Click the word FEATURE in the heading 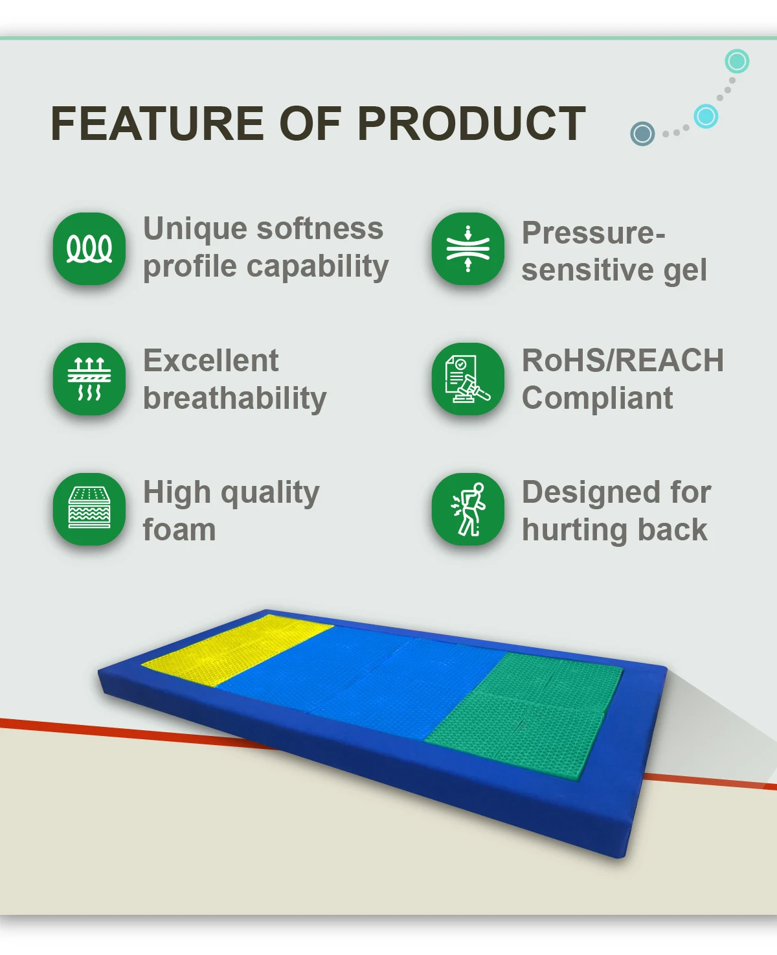pyautogui.click(x=157, y=123)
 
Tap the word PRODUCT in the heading pyautogui.click(x=471, y=123)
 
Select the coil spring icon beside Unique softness pyautogui.click(x=89, y=249)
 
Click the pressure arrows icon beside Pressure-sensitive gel pyautogui.click(x=467, y=249)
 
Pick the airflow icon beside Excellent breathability pyautogui.click(x=89, y=379)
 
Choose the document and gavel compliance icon pyautogui.click(x=467, y=379)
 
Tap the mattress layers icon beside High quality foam pyautogui.click(x=89, y=509)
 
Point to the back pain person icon pyautogui.click(x=467, y=509)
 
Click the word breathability pyautogui.click(x=235, y=399)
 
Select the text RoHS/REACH pyautogui.click(x=623, y=360)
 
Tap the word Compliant pyautogui.click(x=597, y=399)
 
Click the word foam pyautogui.click(x=179, y=529)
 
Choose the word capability pyautogui.click(x=318, y=267)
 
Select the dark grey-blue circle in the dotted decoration pyautogui.click(x=642, y=133)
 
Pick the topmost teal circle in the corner pyautogui.click(x=737, y=61)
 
